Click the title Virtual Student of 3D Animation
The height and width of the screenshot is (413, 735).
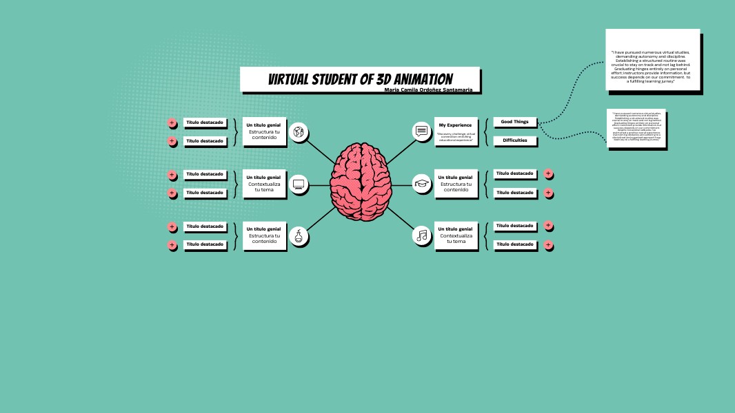point(360,79)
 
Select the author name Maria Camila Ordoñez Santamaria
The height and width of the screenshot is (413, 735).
point(428,89)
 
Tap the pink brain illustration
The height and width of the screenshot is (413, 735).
point(361,182)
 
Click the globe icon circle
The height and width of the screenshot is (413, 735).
point(299,131)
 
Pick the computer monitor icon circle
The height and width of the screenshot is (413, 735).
point(299,184)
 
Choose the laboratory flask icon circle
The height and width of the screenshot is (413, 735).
point(299,236)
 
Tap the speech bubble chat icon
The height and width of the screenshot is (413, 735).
point(422,131)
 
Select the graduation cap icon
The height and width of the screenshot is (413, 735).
point(422,183)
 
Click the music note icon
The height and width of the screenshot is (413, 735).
point(422,235)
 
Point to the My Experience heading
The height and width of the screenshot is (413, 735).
point(455,125)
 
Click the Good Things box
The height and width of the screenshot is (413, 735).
point(514,122)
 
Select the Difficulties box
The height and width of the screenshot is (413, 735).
point(514,140)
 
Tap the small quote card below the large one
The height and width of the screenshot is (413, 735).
point(637,128)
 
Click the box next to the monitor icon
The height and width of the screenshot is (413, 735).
point(264,184)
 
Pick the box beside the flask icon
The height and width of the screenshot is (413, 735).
point(264,235)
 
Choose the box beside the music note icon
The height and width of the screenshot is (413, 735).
point(455,235)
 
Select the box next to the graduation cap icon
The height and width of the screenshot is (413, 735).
point(455,184)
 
